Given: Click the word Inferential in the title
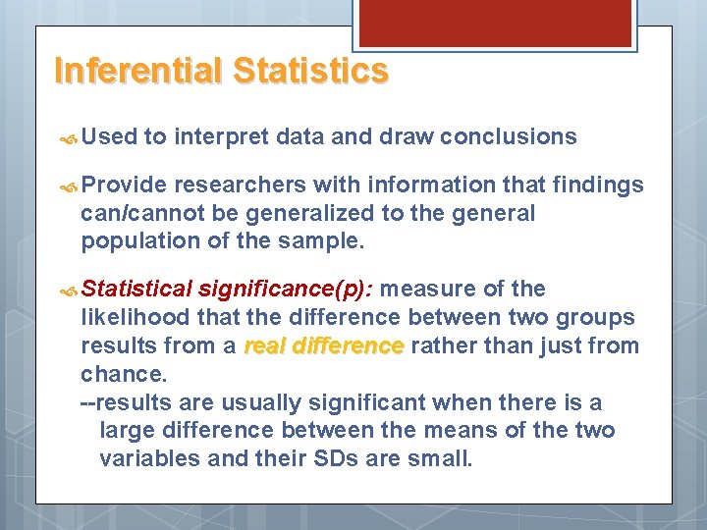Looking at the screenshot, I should pyautogui.click(x=139, y=71).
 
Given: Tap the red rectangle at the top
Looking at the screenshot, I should pyautogui.click(x=494, y=23).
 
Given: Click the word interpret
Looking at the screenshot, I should pyautogui.click(x=222, y=137).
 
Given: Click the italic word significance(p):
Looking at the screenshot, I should pyautogui.click(x=285, y=290).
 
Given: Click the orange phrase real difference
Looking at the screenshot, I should pyautogui.click(x=324, y=345).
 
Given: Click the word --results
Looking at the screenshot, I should pyautogui.click(x=121, y=402).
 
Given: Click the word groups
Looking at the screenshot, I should pyautogui.click(x=598, y=317).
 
